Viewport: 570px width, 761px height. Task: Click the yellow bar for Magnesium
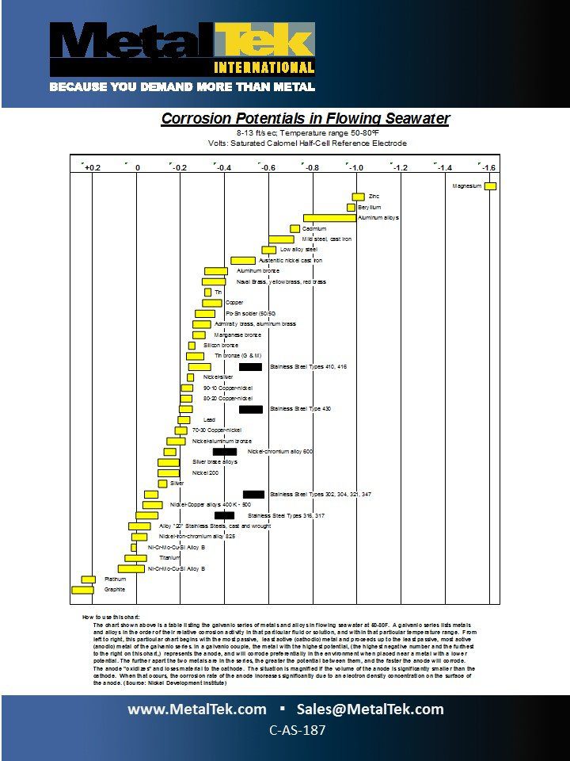491,186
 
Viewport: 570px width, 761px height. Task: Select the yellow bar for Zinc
358,197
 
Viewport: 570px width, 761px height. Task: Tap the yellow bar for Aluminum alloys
329,218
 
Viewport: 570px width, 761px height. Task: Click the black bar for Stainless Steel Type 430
250,409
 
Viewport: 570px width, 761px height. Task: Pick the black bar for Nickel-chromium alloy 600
224,452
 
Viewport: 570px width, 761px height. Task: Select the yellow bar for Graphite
82,590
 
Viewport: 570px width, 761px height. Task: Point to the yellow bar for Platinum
88,579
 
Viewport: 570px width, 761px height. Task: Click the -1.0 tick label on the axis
356,168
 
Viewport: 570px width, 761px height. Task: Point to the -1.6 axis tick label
488,168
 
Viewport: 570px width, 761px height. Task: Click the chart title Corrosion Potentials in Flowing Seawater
306,119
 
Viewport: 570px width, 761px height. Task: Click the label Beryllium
369,207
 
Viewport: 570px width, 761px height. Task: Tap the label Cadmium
314,228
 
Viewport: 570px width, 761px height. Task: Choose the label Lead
209,420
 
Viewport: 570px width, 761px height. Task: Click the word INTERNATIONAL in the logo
264,67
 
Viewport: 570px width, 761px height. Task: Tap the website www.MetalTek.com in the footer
197,709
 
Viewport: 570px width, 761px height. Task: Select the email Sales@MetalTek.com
370,709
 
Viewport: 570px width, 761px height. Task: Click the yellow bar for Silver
162,484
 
